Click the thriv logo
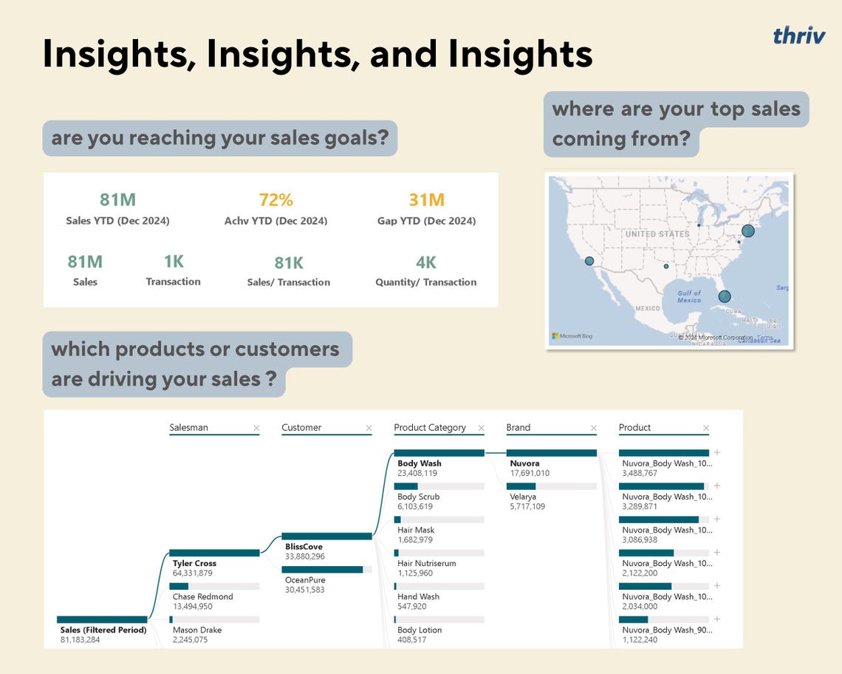pyautogui.click(x=799, y=35)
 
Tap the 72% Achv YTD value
pyautogui.click(x=275, y=200)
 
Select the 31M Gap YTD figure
pyautogui.click(x=426, y=200)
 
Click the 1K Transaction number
pyautogui.click(x=174, y=262)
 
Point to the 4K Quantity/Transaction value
pyautogui.click(x=426, y=262)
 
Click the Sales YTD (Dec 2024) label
pyautogui.click(x=117, y=221)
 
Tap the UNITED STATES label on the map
pyautogui.click(x=656, y=234)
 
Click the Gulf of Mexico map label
pyautogui.click(x=688, y=296)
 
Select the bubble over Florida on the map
pyautogui.click(x=725, y=296)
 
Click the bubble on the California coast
pyautogui.click(x=589, y=261)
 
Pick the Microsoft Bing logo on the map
pyautogui.click(x=572, y=336)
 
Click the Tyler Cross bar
pyautogui.click(x=214, y=552)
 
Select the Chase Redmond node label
pyautogui.click(x=202, y=596)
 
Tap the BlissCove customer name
pyautogui.click(x=304, y=547)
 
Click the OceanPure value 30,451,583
pyautogui.click(x=304, y=590)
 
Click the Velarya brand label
pyautogui.click(x=523, y=497)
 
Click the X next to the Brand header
pyautogui.click(x=593, y=428)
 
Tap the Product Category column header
pyautogui.click(x=430, y=427)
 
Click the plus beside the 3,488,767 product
pyautogui.click(x=716, y=452)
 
